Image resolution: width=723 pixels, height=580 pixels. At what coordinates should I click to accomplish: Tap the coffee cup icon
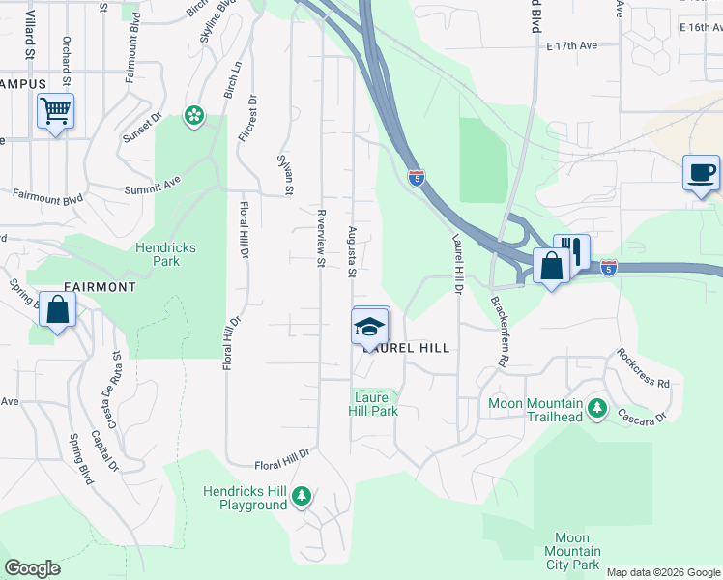[701, 173]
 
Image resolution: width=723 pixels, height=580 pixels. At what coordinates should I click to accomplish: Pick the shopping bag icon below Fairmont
[57, 310]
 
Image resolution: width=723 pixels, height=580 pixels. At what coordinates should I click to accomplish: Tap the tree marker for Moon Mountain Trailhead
[597, 409]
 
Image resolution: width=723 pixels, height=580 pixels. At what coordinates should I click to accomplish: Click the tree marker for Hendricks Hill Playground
[303, 497]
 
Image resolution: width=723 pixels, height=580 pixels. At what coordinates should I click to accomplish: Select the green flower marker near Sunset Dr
[194, 117]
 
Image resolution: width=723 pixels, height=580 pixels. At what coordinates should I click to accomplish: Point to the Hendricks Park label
[165, 254]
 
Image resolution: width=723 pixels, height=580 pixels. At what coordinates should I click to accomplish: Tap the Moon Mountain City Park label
[578, 551]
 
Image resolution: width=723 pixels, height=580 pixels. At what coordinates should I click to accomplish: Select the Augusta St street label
[352, 250]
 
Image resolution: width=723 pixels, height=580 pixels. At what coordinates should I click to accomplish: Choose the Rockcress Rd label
[642, 368]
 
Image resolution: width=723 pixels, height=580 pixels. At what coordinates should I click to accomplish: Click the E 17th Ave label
[572, 45]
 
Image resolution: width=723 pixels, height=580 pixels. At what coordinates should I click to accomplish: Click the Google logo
[32, 568]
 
